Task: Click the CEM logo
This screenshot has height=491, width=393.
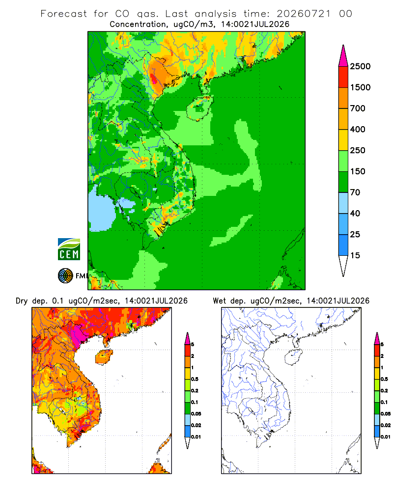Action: coord(69,249)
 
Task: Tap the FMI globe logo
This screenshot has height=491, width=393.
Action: coord(65,276)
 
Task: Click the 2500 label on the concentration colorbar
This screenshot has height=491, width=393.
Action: coord(360,66)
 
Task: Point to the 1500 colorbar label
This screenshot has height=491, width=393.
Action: coord(360,87)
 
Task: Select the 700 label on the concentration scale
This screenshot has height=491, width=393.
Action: coord(358,109)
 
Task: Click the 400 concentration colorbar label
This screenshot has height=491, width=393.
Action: coord(358,129)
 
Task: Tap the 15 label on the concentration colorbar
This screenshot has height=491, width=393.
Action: coord(355,255)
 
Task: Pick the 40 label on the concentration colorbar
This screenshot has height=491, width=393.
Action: coord(355,214)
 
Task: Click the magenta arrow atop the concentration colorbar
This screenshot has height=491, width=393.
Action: coord(343,56)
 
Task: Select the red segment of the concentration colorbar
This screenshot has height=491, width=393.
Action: coord(343,77)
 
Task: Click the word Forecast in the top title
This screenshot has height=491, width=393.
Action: coord(64,14)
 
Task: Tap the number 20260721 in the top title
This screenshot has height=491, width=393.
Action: coord(304,14)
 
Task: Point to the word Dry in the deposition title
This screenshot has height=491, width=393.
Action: coord(22,301)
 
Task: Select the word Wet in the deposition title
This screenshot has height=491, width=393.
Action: coord(219,301)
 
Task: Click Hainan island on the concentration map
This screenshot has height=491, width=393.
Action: coord(199,109)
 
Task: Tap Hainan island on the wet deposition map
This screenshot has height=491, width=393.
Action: coord(293,357)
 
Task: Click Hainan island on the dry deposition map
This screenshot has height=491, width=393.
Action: coord(104,357)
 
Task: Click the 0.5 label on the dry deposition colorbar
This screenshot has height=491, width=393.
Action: coord(195,379)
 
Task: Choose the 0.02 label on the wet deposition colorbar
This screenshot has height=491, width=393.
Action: coord(386,425)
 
